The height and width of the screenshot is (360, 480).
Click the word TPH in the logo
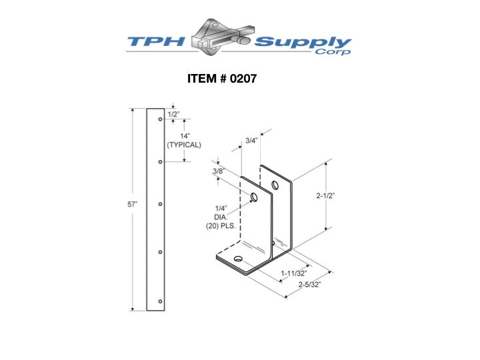click(x=156, y=41)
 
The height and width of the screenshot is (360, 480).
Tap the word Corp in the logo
click(x=333, y=51)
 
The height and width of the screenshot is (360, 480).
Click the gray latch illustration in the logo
click(x=221, y=37)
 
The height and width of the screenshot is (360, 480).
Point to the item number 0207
click(x=243, y=79)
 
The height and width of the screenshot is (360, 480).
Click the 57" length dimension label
click(x=133, y=204)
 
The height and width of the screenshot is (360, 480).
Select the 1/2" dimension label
click(x=173, y=115)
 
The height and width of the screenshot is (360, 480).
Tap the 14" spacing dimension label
click(x=185, y=136)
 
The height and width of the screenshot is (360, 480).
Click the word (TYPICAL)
click(x=184, y=145)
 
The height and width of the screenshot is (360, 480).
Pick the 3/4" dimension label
click(x=251, y=141)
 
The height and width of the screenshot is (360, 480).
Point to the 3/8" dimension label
click(x=219, y=171)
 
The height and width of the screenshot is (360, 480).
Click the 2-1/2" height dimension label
click(x=326, y=195)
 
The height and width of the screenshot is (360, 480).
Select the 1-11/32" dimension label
click(x=294, y=273)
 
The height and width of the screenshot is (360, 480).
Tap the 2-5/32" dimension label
click(x=310, y=285)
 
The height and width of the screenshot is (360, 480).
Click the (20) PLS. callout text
click(x=221, y=226)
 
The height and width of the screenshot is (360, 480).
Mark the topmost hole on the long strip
click(x=160, y=119)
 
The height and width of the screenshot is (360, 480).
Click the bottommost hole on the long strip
click(x=160, y=301)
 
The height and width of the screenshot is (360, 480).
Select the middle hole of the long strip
click(x=160, y=204)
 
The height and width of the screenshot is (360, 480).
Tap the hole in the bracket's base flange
click(x=238, y=259)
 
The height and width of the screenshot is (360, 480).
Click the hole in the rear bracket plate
click(x=275, y=185)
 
